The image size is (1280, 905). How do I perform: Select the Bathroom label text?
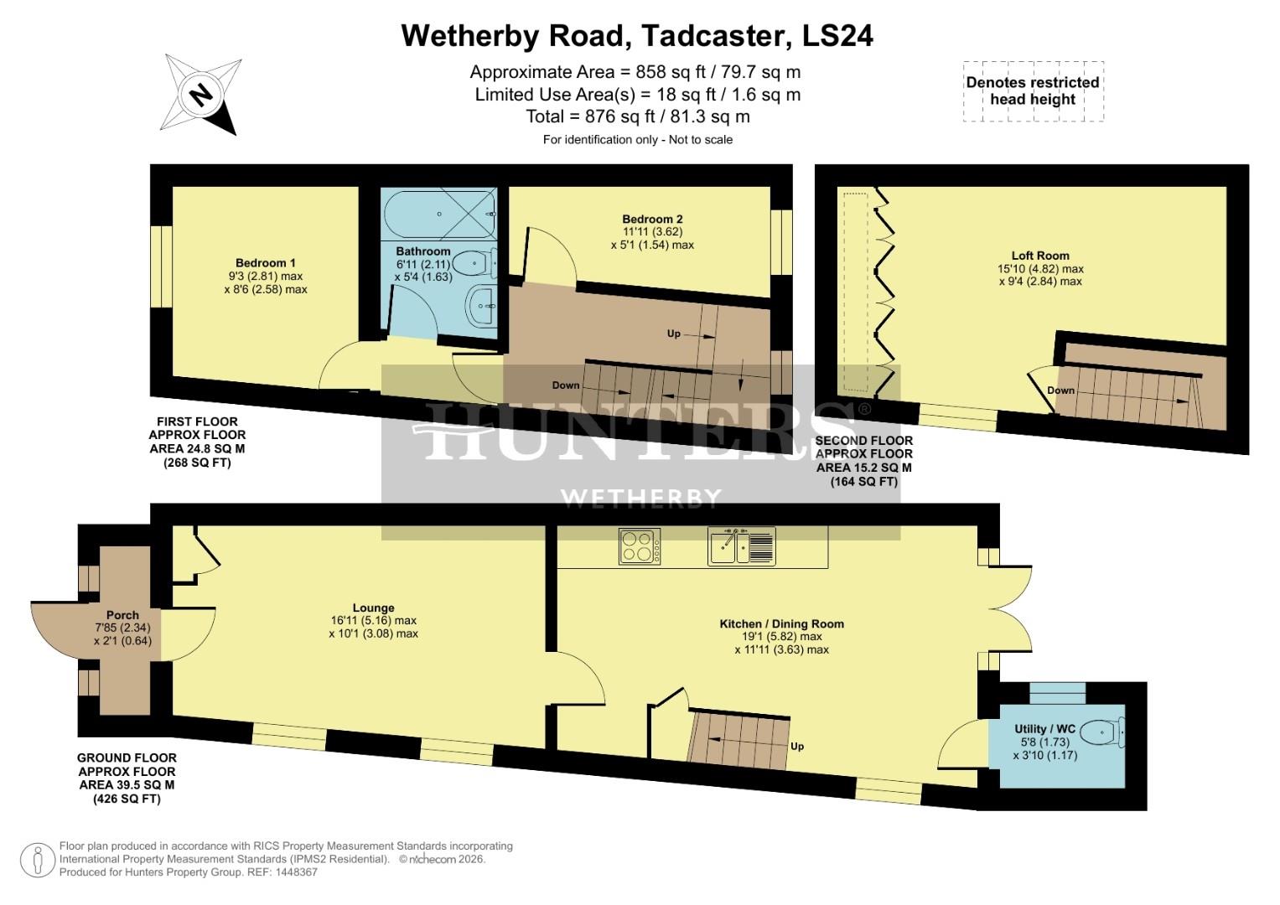coord(423,251)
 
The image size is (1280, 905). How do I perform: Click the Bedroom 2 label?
coord(652,220)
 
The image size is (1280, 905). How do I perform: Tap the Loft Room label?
coord(1040,256)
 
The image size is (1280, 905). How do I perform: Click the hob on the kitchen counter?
coord(640,546)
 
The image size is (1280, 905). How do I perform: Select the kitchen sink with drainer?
coord(742,546)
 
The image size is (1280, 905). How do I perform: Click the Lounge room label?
coord(374,608)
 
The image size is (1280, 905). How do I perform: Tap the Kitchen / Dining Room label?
coord(781,623)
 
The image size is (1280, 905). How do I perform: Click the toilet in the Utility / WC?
coord(1102,733)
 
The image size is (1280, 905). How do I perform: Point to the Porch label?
coord(122,614)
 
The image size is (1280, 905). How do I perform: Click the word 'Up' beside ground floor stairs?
coord(797,746)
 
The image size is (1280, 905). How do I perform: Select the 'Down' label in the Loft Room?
coord(1060,390)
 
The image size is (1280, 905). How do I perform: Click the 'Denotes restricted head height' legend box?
coord(1033,91)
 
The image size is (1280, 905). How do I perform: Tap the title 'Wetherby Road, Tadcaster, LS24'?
coord(637,36)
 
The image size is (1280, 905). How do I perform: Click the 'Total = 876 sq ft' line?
coord(637,116)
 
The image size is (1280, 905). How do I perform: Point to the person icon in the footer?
coord(37,861)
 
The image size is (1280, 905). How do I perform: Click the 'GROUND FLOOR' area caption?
coord(127,758)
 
